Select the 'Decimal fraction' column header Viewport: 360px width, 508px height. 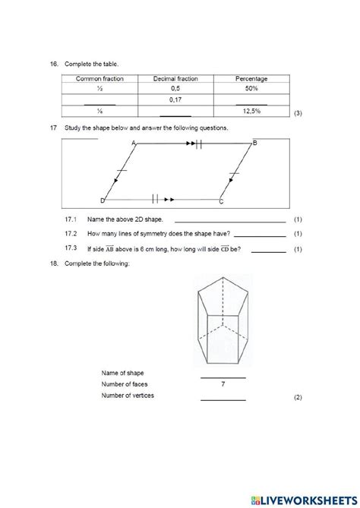175,78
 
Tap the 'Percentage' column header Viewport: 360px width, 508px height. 251,78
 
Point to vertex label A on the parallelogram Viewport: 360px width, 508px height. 134,144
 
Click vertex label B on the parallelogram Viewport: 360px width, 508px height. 255,144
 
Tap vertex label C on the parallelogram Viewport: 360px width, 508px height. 221,202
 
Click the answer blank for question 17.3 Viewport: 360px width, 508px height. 268,250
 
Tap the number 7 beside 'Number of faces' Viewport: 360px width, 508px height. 223,384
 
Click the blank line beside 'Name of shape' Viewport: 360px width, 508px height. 223,376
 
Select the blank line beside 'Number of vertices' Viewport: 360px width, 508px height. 223,398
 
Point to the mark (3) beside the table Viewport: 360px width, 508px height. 298,113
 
